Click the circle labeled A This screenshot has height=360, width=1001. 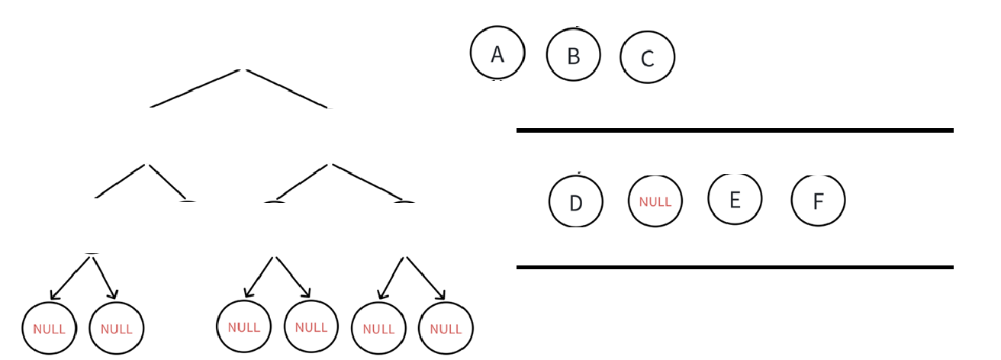tap(497, 53)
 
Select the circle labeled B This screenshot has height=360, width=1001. tap(574, 55)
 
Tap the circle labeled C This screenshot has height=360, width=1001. tap(648, 57)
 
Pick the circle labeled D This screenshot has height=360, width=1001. tap(576, 201)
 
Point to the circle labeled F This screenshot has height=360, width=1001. tap(818, 201)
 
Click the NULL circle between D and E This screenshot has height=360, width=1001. tap(655, 201)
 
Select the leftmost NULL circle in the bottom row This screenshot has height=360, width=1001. tap(49, 329)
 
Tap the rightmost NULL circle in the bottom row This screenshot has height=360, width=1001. tap(446, 329)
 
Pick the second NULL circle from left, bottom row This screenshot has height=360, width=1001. tap(116, 329)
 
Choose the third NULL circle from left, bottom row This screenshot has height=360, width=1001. tap(244, 326)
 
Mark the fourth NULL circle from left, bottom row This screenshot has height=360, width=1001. tap(311, 326)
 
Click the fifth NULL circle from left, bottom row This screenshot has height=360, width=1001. tap(378, 329)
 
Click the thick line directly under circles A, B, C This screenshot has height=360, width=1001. tap(734, 130)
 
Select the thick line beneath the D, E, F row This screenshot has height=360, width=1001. tap(734, 267)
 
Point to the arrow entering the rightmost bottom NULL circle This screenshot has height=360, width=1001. tap(426, 278)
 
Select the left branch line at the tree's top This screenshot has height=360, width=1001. tap(195, 88)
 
